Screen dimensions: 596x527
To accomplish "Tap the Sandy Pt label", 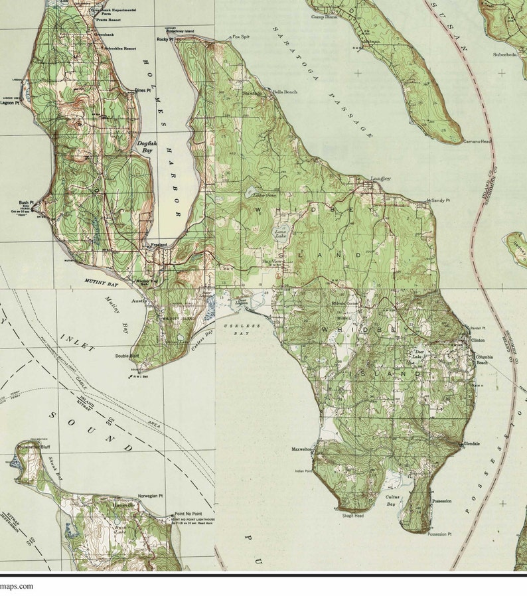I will (x=439, y=200).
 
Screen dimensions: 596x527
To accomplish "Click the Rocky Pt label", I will (x=165, y=40).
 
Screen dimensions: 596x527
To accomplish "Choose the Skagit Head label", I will (x=352, y=515).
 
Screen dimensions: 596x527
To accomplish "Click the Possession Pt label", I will (x=439, y=534).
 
